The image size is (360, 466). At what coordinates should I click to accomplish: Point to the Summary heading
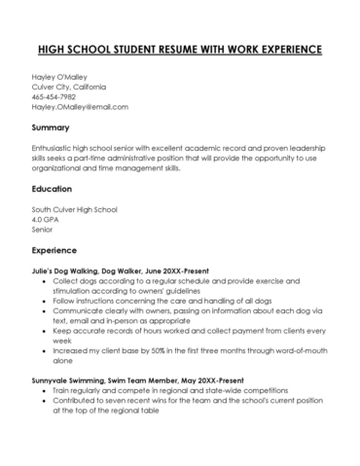(x=50, y=127)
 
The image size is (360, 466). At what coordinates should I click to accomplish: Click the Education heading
(x=53, y=189)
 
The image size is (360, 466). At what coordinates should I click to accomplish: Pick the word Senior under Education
(x=44, y=231)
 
